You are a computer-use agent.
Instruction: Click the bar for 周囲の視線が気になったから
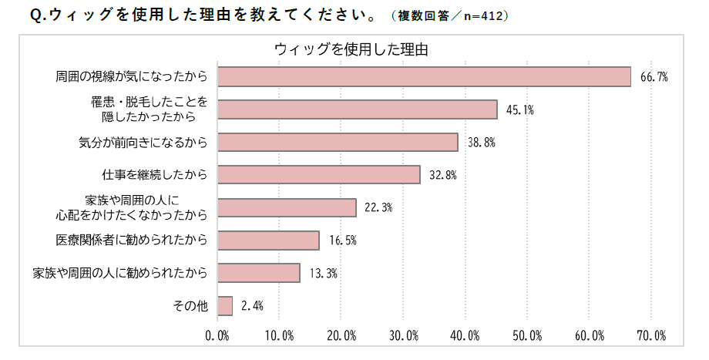pyautogui.click(x=424, y=76)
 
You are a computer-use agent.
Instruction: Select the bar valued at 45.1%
pyautogui.click(x=357, y=109)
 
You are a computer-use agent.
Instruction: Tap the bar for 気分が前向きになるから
pyautogui.click(x=338, y=142)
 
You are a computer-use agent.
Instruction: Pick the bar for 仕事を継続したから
pyautogui.click(x=319, y=174)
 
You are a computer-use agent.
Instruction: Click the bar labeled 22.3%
pyautogui.click(x=287, y=207)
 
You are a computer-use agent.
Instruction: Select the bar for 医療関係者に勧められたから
pyautogui.click(x=268, y=240)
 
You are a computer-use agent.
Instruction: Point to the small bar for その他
pyautogui.click(x=225, y=305)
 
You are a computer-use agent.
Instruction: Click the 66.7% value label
pyautogui.click(x=654, y=77)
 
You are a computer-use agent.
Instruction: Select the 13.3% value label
pyautogui.click(x=323, y=273)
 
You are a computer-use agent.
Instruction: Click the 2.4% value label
pyautogui.click(x=252, y=306)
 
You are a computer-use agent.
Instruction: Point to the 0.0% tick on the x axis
pyautogui.click(x=217, y=336)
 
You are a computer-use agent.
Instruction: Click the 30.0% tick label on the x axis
pyautogui.click(x=403, y=336)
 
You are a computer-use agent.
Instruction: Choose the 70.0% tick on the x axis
pyautogui.click(x=650, y=336)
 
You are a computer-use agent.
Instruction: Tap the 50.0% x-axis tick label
pyautogui.click(x=527, y=336)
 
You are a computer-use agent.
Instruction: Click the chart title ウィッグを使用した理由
pyautogui.click(x=351, y=49)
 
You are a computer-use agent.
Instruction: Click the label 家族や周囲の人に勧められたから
pyautogui.click(x=120, y=273)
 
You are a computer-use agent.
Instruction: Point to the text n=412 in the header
pyautogui.click(x=484, y=15)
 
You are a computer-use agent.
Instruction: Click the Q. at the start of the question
pyautogui.click(x=38, y=15)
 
